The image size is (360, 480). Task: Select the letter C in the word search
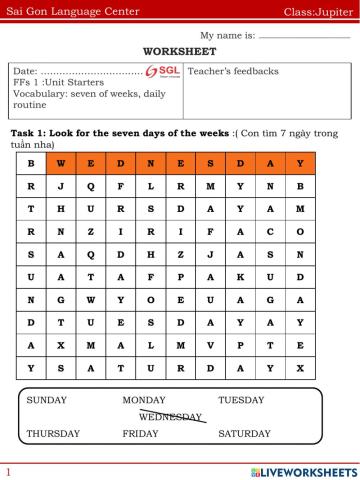[x=269, y=231]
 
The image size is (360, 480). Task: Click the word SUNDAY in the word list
[x=47, y=400]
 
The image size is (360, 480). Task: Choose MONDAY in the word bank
[x=144, y=400]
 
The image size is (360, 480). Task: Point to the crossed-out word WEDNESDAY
[x=171, y=416]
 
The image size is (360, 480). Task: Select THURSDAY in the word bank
[x=53, y=434]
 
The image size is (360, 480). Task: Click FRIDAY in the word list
[x=140, y=434]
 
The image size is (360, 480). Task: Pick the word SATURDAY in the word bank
[x=244, y=434]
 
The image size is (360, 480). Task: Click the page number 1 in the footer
[x=7, y=470]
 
